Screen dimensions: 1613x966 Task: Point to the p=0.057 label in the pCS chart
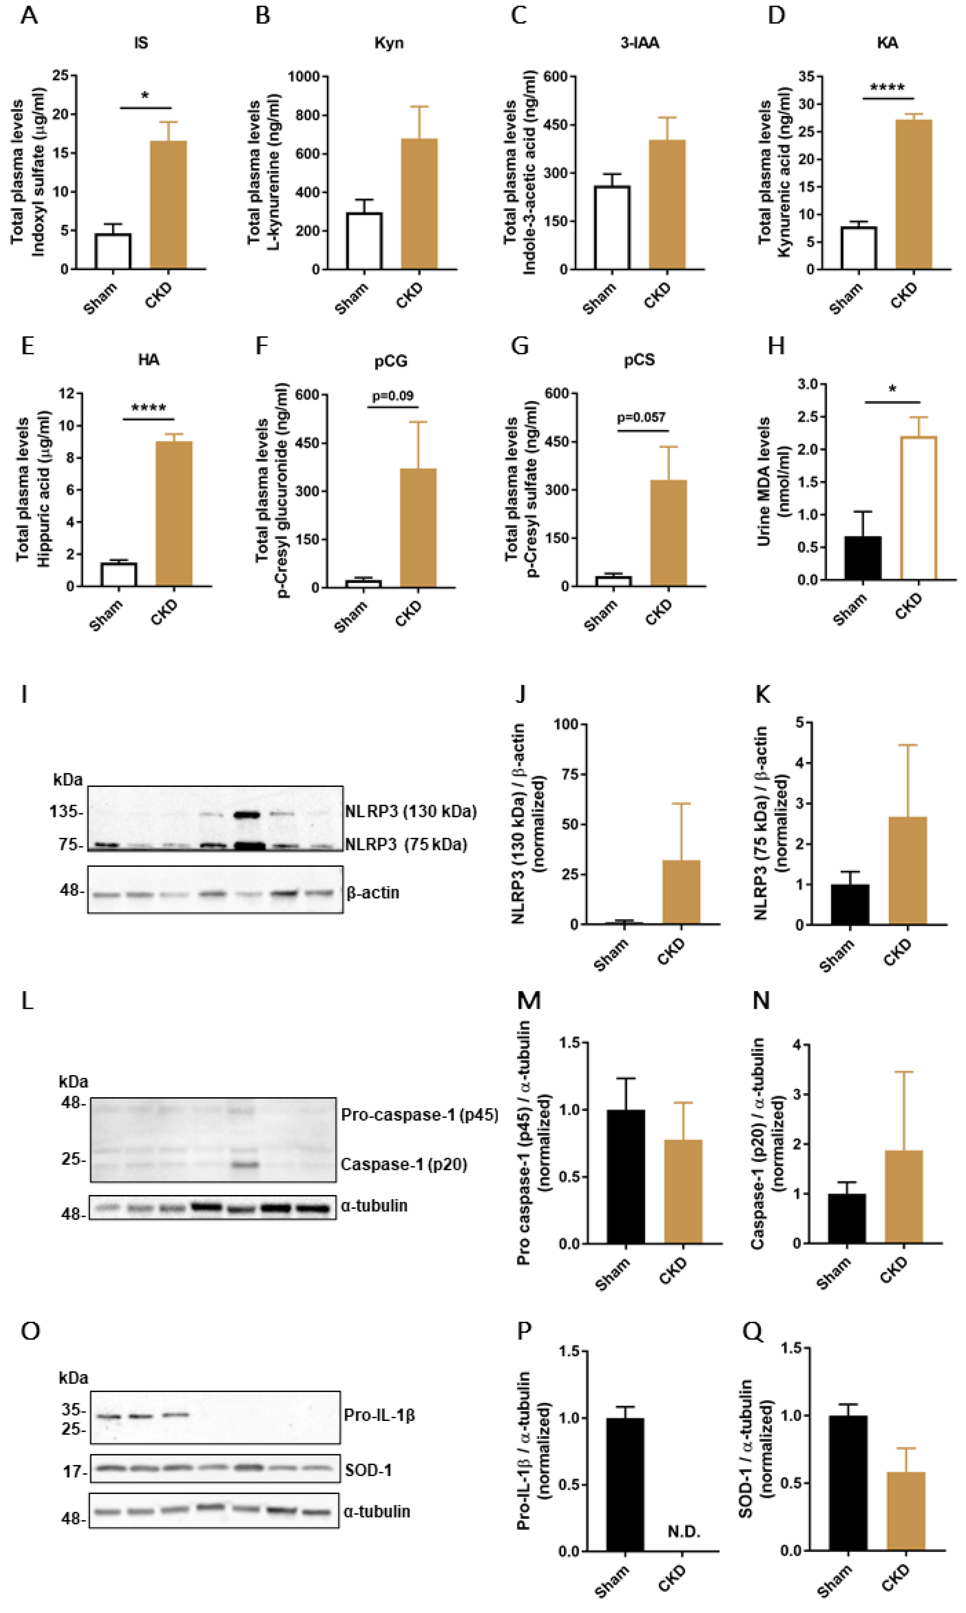point(641,417)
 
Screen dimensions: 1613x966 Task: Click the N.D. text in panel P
point(683,1532)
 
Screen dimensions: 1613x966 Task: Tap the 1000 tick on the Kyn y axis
point(304,77)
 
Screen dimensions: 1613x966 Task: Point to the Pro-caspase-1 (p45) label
point(419,1115)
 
